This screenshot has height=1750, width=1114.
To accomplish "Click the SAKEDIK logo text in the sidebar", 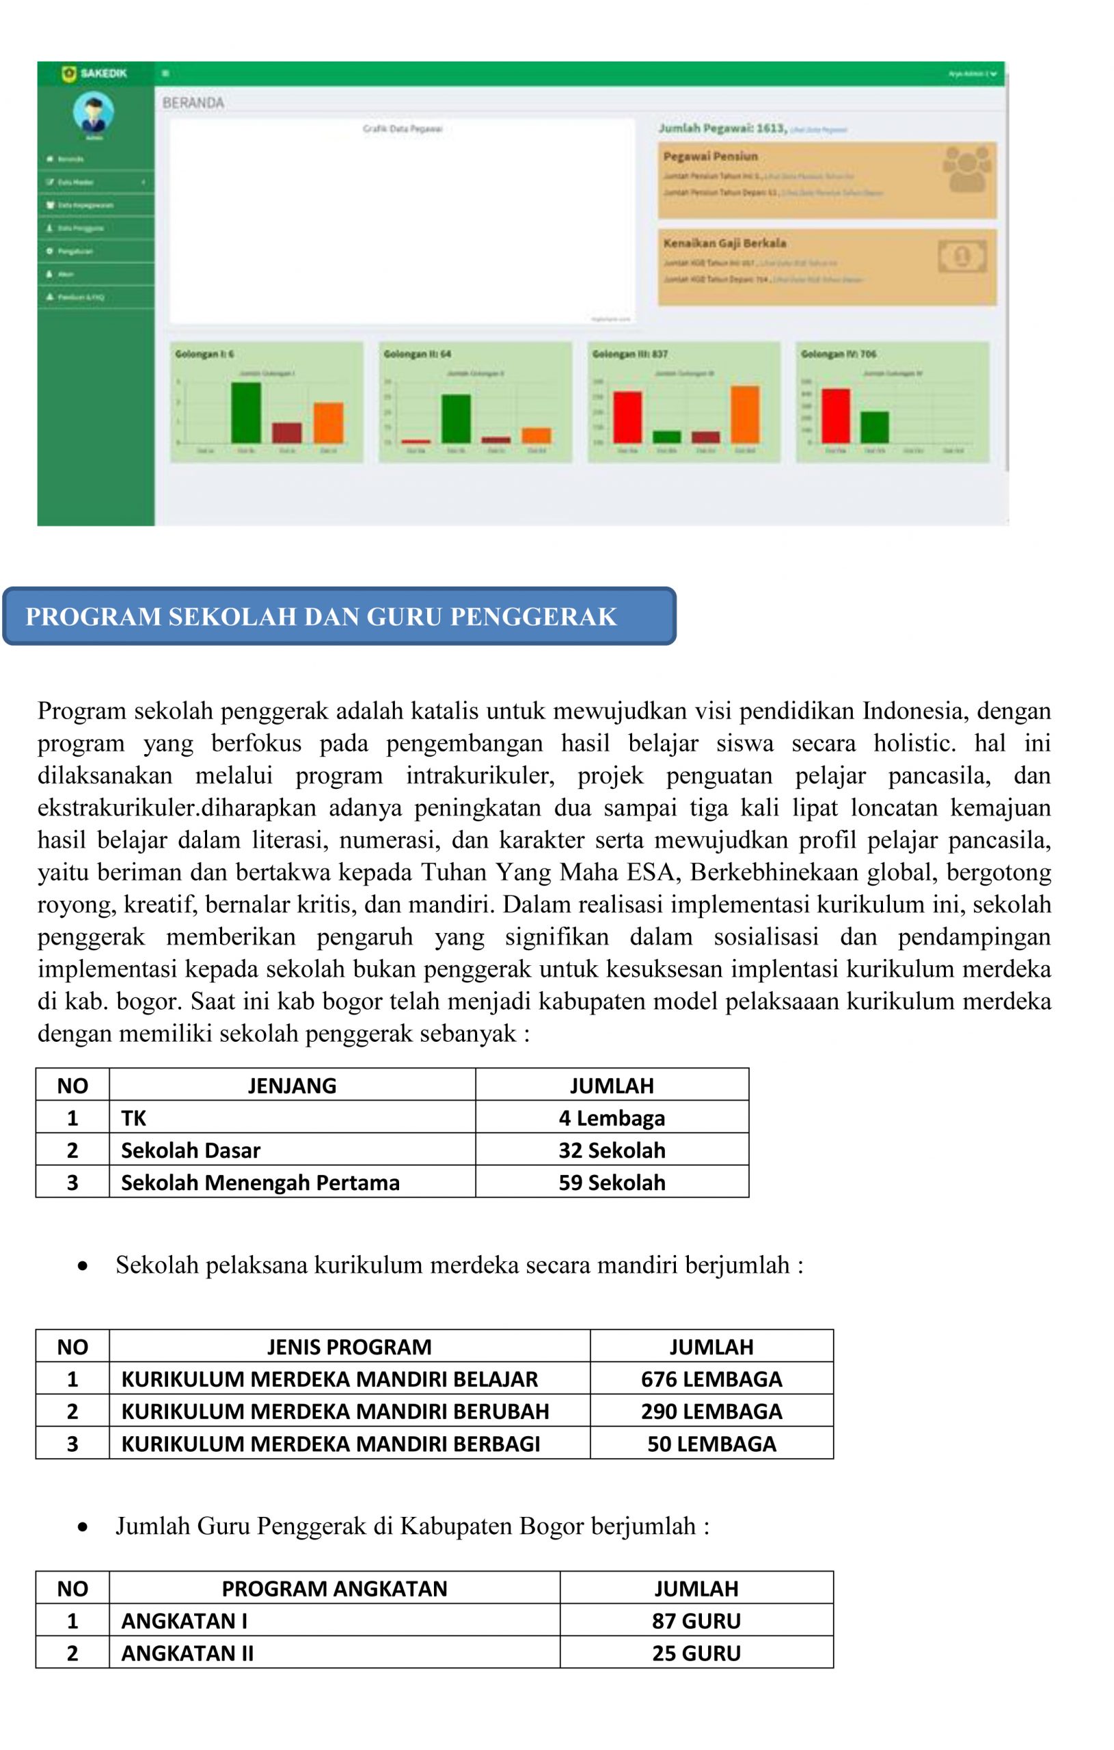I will (103, 73).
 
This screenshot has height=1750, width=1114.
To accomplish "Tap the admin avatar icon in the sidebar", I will (93, 112).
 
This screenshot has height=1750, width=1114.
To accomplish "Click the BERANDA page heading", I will (193, 103).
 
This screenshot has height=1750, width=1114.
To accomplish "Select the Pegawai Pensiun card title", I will (710, 157).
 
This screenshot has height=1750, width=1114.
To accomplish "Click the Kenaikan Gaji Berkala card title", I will (724, 243).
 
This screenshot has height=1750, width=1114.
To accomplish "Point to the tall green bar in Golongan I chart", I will (245, 412).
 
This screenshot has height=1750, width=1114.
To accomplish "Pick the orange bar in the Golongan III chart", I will (744, 414).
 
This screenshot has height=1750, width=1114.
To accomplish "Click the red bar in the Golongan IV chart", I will (835, 416).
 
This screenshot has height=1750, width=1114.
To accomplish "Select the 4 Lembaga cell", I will (611, 1118).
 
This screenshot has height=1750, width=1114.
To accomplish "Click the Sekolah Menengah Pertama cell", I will (260, 1183).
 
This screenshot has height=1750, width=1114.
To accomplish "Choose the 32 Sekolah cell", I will (611, 1150).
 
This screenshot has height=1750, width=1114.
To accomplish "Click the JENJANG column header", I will (291, 1086).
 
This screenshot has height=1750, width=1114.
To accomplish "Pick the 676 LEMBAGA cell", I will (711, 1379).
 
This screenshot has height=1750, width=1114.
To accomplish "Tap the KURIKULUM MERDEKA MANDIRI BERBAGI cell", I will (331, 1443).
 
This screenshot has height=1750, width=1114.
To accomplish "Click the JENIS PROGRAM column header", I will (349, 1347).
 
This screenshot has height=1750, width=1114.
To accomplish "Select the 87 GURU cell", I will (696, 1621).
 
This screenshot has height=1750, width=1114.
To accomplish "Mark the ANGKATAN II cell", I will (187, 1654).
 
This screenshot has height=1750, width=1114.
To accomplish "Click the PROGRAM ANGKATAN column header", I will (334, 1589).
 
